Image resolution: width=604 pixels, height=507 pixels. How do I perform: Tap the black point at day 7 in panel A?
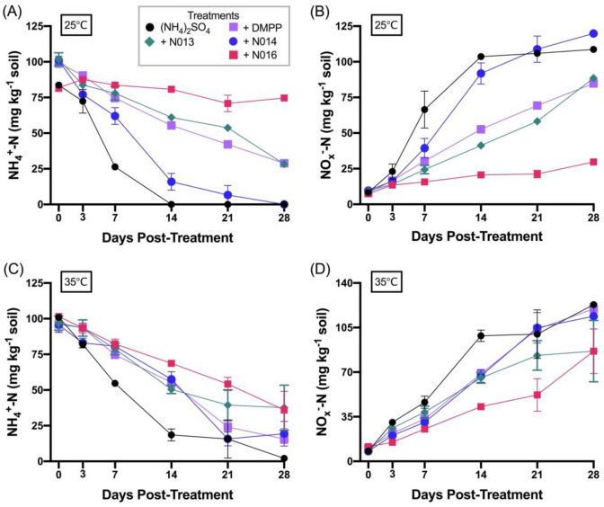click(115, 166)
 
